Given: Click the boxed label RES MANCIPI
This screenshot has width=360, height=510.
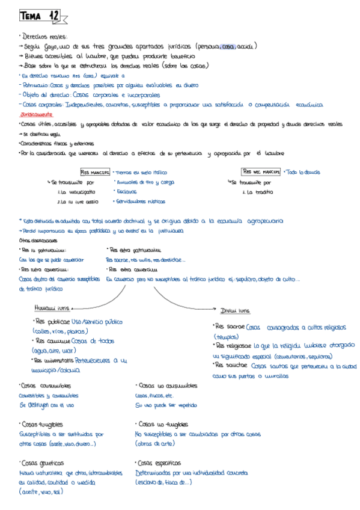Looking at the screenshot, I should tap(96, 172).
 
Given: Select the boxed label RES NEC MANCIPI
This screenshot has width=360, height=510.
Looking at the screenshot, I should tap(261, 172).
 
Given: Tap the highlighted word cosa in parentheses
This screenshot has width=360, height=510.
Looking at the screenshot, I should tap(228, 46).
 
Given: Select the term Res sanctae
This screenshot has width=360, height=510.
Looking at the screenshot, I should tap(231, 365).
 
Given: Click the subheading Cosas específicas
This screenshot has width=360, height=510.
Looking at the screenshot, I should tap(159, 463).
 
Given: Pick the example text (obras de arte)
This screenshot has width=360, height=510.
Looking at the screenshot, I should tap(155, 443).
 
